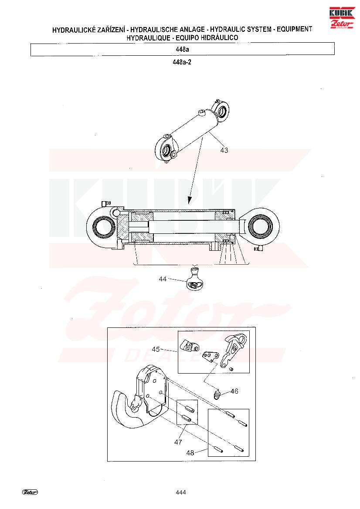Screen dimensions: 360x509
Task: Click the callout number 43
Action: point(224,150)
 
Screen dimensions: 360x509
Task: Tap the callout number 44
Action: point(163,279)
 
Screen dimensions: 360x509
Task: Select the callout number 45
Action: point(156,349)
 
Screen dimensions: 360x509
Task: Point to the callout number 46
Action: point(234,391)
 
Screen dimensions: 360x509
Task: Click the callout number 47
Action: point(178,442)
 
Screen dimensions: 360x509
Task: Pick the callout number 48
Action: point(190,452)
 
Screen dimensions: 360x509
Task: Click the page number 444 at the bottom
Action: point(180,492)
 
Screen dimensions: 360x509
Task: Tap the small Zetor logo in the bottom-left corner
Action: point(30,492)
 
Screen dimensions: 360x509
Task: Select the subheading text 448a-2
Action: point(182,62)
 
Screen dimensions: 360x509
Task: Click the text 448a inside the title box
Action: point(182,50)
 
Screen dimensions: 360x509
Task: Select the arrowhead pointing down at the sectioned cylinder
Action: point(189,200)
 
